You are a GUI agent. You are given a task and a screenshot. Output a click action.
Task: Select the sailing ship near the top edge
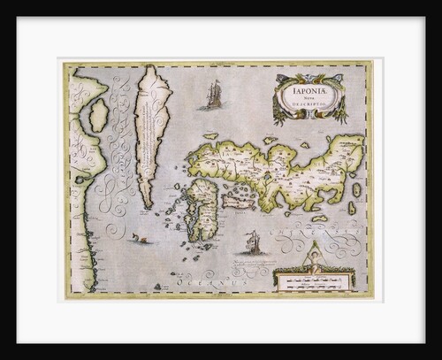(x=212, y=95)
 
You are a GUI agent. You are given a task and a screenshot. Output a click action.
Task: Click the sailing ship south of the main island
(x=251, y=241)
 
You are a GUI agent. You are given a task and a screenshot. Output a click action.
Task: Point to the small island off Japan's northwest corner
(x=210, y=136)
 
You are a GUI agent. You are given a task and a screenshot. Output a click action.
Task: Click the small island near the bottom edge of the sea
(x=156, y=286)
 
